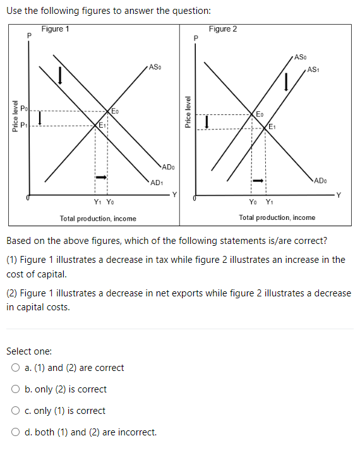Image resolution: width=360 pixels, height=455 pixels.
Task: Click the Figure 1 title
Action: point(56,29)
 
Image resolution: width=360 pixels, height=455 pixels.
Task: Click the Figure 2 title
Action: point(223,29)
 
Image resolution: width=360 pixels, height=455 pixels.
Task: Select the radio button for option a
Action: point(15,368)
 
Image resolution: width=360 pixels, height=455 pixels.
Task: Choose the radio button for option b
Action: point(15,389)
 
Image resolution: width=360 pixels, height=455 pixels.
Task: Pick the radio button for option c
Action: point(15,411)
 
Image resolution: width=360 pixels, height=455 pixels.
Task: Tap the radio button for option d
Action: point(15,432)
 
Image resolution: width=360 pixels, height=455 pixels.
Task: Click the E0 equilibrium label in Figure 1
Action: point(115,111)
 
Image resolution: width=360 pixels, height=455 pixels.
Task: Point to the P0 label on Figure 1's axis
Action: point(23,110)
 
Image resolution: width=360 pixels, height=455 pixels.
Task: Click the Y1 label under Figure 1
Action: point(97,202)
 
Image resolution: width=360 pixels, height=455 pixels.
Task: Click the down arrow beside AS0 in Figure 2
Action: point(287,81)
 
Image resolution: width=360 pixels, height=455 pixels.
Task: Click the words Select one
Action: point(29,351)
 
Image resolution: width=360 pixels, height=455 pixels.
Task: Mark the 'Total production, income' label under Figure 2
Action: point(277,217)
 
